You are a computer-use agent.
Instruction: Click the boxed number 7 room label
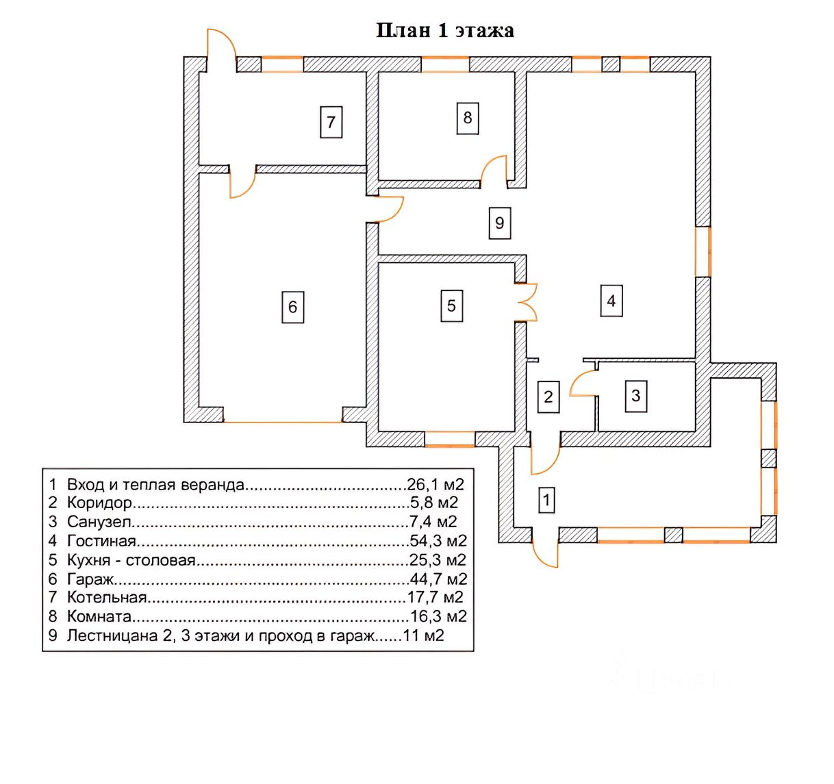(x=331, y=122)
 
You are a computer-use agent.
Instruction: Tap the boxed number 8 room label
(x=468, y=118)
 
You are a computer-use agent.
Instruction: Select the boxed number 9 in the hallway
(x=500, y=223)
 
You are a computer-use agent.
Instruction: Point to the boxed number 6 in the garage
(x=292, y=307)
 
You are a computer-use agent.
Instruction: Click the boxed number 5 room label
(x=452, y=305)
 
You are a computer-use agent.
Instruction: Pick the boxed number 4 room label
(x=611, y=301)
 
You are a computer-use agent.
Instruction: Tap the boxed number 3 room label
(x=636, y=396)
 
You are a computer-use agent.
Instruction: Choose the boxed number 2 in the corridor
(x=548, y=397)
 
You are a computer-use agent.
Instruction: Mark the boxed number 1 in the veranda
(x=547, y=500)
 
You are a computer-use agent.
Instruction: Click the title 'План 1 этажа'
(x=445, y=31)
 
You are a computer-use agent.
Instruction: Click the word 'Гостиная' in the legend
(x=101, y=541)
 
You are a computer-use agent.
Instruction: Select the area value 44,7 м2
(x=438, y=579)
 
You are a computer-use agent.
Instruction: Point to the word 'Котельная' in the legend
(x=107, y=597)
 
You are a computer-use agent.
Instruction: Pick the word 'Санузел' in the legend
(x=99, y=522)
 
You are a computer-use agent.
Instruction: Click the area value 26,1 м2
(x=435, y=485)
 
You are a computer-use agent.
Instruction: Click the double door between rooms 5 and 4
(x=527, y=303)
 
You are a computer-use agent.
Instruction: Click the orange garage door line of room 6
(x=283, y=422)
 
